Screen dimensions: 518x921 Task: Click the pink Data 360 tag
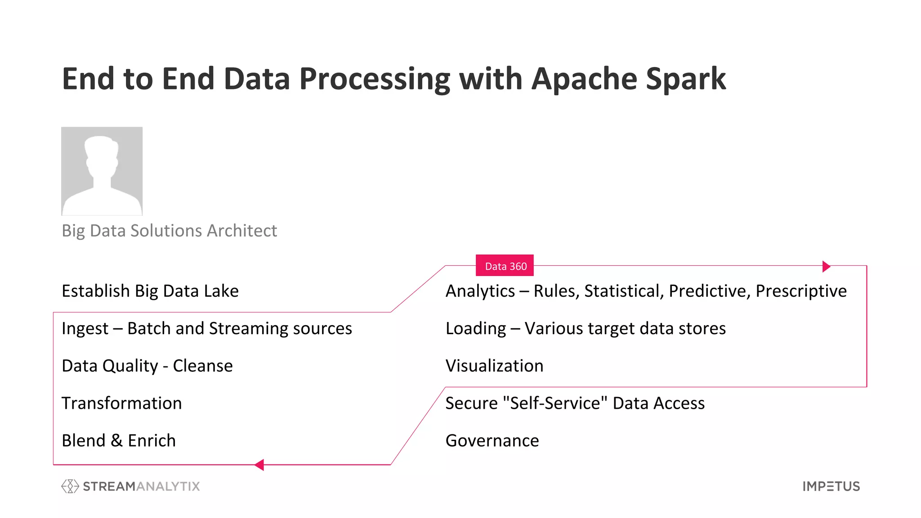coord(505,266)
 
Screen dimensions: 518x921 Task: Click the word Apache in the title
coord(584,79)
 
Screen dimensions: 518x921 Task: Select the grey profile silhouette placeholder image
coord(102,171)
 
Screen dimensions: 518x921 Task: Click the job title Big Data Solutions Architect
coord(169,231)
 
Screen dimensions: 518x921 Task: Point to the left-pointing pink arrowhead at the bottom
coord(259,465)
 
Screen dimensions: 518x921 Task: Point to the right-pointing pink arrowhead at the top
coord(826,266)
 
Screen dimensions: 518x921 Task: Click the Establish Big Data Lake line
coord(150,291)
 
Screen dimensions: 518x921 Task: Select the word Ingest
coord(85,329)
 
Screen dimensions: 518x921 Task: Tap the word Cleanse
coord(203,366)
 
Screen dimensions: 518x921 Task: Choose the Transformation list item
coord(122,403)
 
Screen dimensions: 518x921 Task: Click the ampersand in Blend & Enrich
coord(116,441)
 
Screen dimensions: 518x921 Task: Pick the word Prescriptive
coord(801,291)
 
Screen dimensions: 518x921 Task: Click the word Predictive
coord(708,291)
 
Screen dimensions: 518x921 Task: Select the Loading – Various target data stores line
coord(586,329)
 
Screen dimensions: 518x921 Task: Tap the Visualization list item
coord(494,366)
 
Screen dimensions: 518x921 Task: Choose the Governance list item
coord(492,441)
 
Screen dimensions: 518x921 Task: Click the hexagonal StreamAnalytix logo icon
coord(70,486)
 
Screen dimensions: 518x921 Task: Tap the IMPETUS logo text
coord(831,486)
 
